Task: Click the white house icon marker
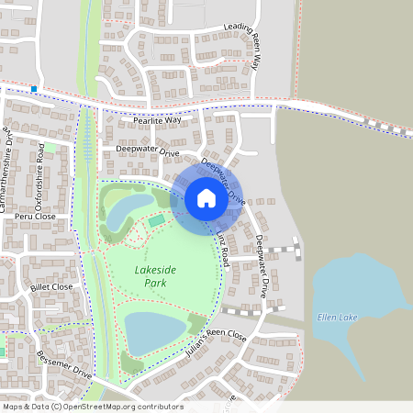tap(206, 197)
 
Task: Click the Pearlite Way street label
tap(157, 120)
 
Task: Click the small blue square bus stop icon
tap(34, 89)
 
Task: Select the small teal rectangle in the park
tap(156, 220)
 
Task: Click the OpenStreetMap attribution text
tap(92, 407)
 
